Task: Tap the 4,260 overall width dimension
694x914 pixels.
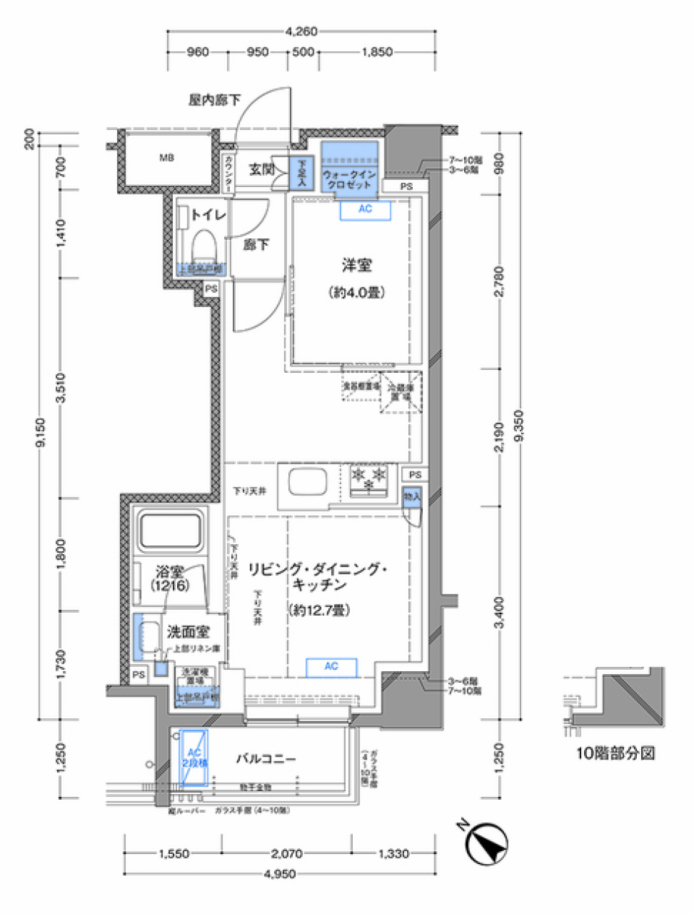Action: point(301,31)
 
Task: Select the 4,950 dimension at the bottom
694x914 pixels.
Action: point(280,874)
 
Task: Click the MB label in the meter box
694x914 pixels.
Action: point(166,158)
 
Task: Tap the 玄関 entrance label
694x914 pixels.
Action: point(261,170)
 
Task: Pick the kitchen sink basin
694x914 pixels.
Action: point(307,481)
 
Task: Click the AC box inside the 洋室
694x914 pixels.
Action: point(366,209)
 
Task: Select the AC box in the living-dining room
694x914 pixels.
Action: point(331,666)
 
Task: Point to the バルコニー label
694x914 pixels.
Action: point(266,759)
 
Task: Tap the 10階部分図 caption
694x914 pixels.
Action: point(615,753)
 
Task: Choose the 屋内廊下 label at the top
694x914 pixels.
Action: point(215,100)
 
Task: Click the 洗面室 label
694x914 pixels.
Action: point(188,632)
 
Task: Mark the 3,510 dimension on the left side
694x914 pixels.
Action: point(61,387)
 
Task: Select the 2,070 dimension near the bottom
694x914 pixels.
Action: point(286,853)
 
